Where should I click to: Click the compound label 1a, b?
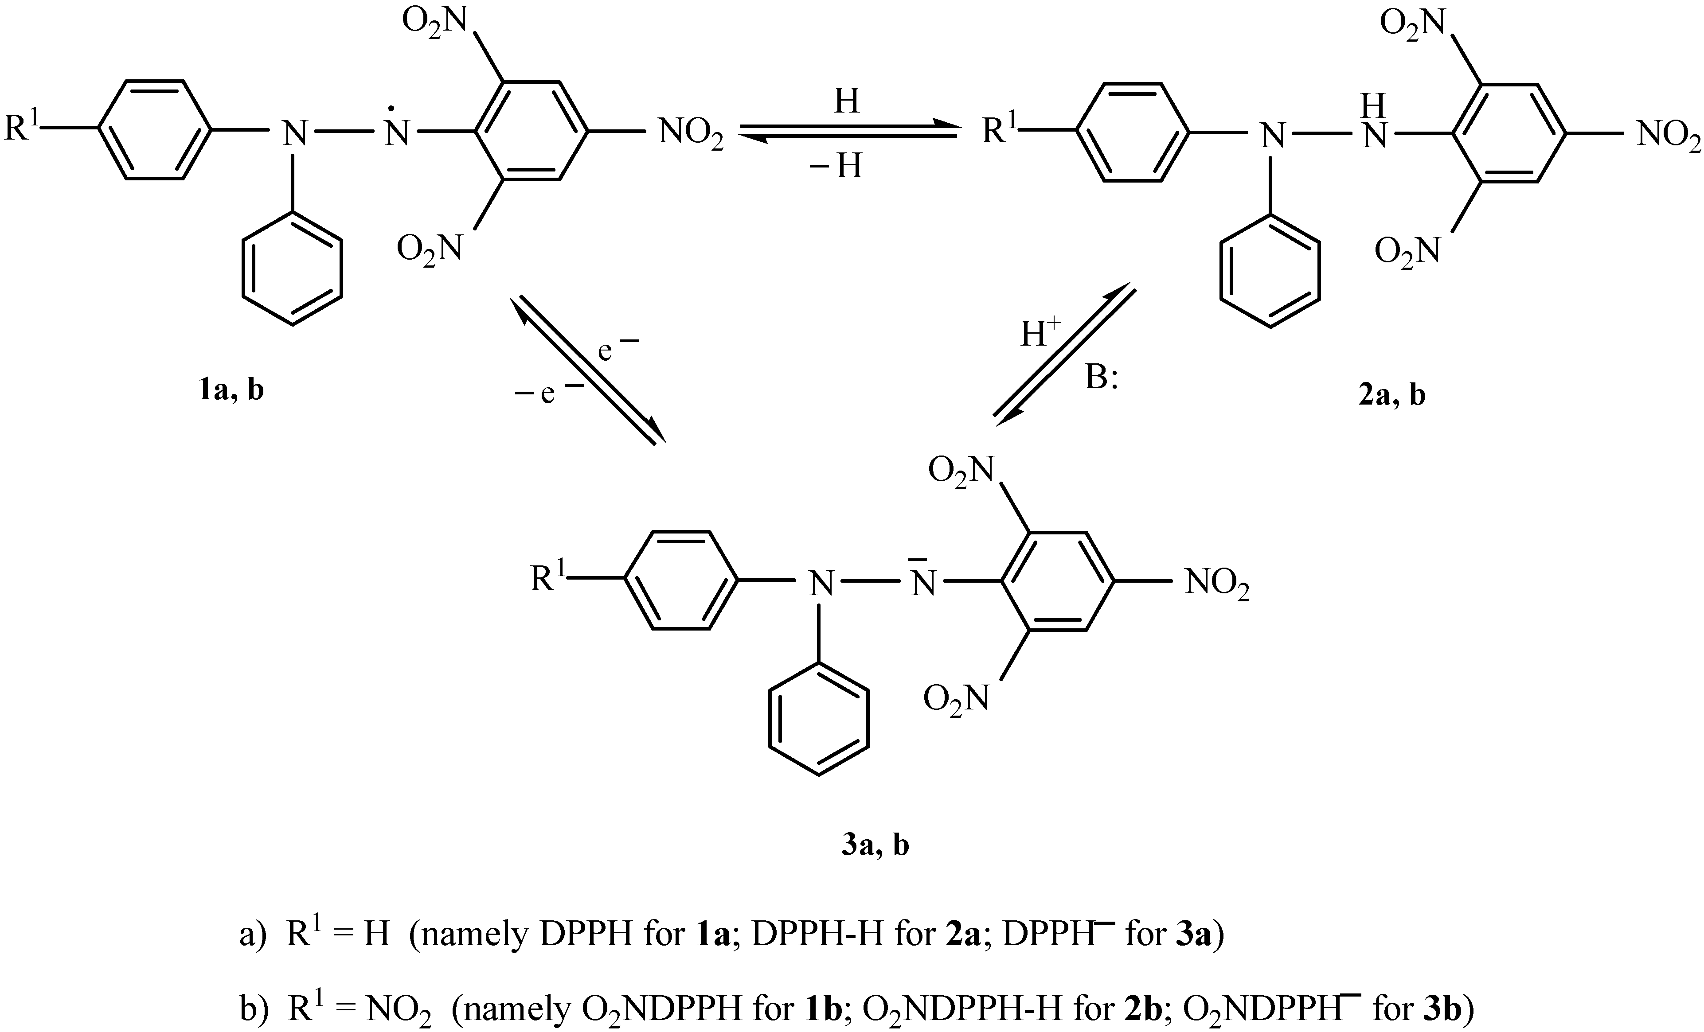pos(231,391)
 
